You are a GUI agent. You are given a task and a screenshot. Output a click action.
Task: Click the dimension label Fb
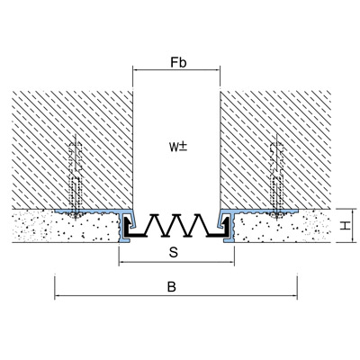pos(179,62)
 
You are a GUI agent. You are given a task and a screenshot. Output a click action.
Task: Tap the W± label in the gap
pos(178,147)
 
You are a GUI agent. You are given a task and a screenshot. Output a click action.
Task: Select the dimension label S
pos(174,253)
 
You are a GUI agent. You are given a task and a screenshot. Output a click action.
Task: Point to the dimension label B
pos(172,287)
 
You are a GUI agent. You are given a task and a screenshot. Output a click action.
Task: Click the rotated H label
pos(346,225)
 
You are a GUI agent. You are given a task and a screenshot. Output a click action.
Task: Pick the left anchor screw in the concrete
pos(76,179)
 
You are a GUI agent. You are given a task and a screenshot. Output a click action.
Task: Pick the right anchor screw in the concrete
pos(277,179)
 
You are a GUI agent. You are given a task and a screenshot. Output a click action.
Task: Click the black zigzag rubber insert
pos(177,226)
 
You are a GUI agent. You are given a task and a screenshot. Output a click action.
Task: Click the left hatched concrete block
pos(72,149)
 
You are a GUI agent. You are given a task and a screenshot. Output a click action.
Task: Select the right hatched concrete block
pos(275,149)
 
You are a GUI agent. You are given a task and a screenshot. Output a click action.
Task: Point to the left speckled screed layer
pos(66,227)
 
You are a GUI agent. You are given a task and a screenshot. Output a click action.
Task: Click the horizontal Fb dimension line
pos(176,70)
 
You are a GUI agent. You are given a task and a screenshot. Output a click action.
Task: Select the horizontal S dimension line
pos(176,262)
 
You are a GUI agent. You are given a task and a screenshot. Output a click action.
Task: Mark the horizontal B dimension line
pos(175,295)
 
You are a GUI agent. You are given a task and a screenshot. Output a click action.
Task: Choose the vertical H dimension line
pos(352,225)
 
